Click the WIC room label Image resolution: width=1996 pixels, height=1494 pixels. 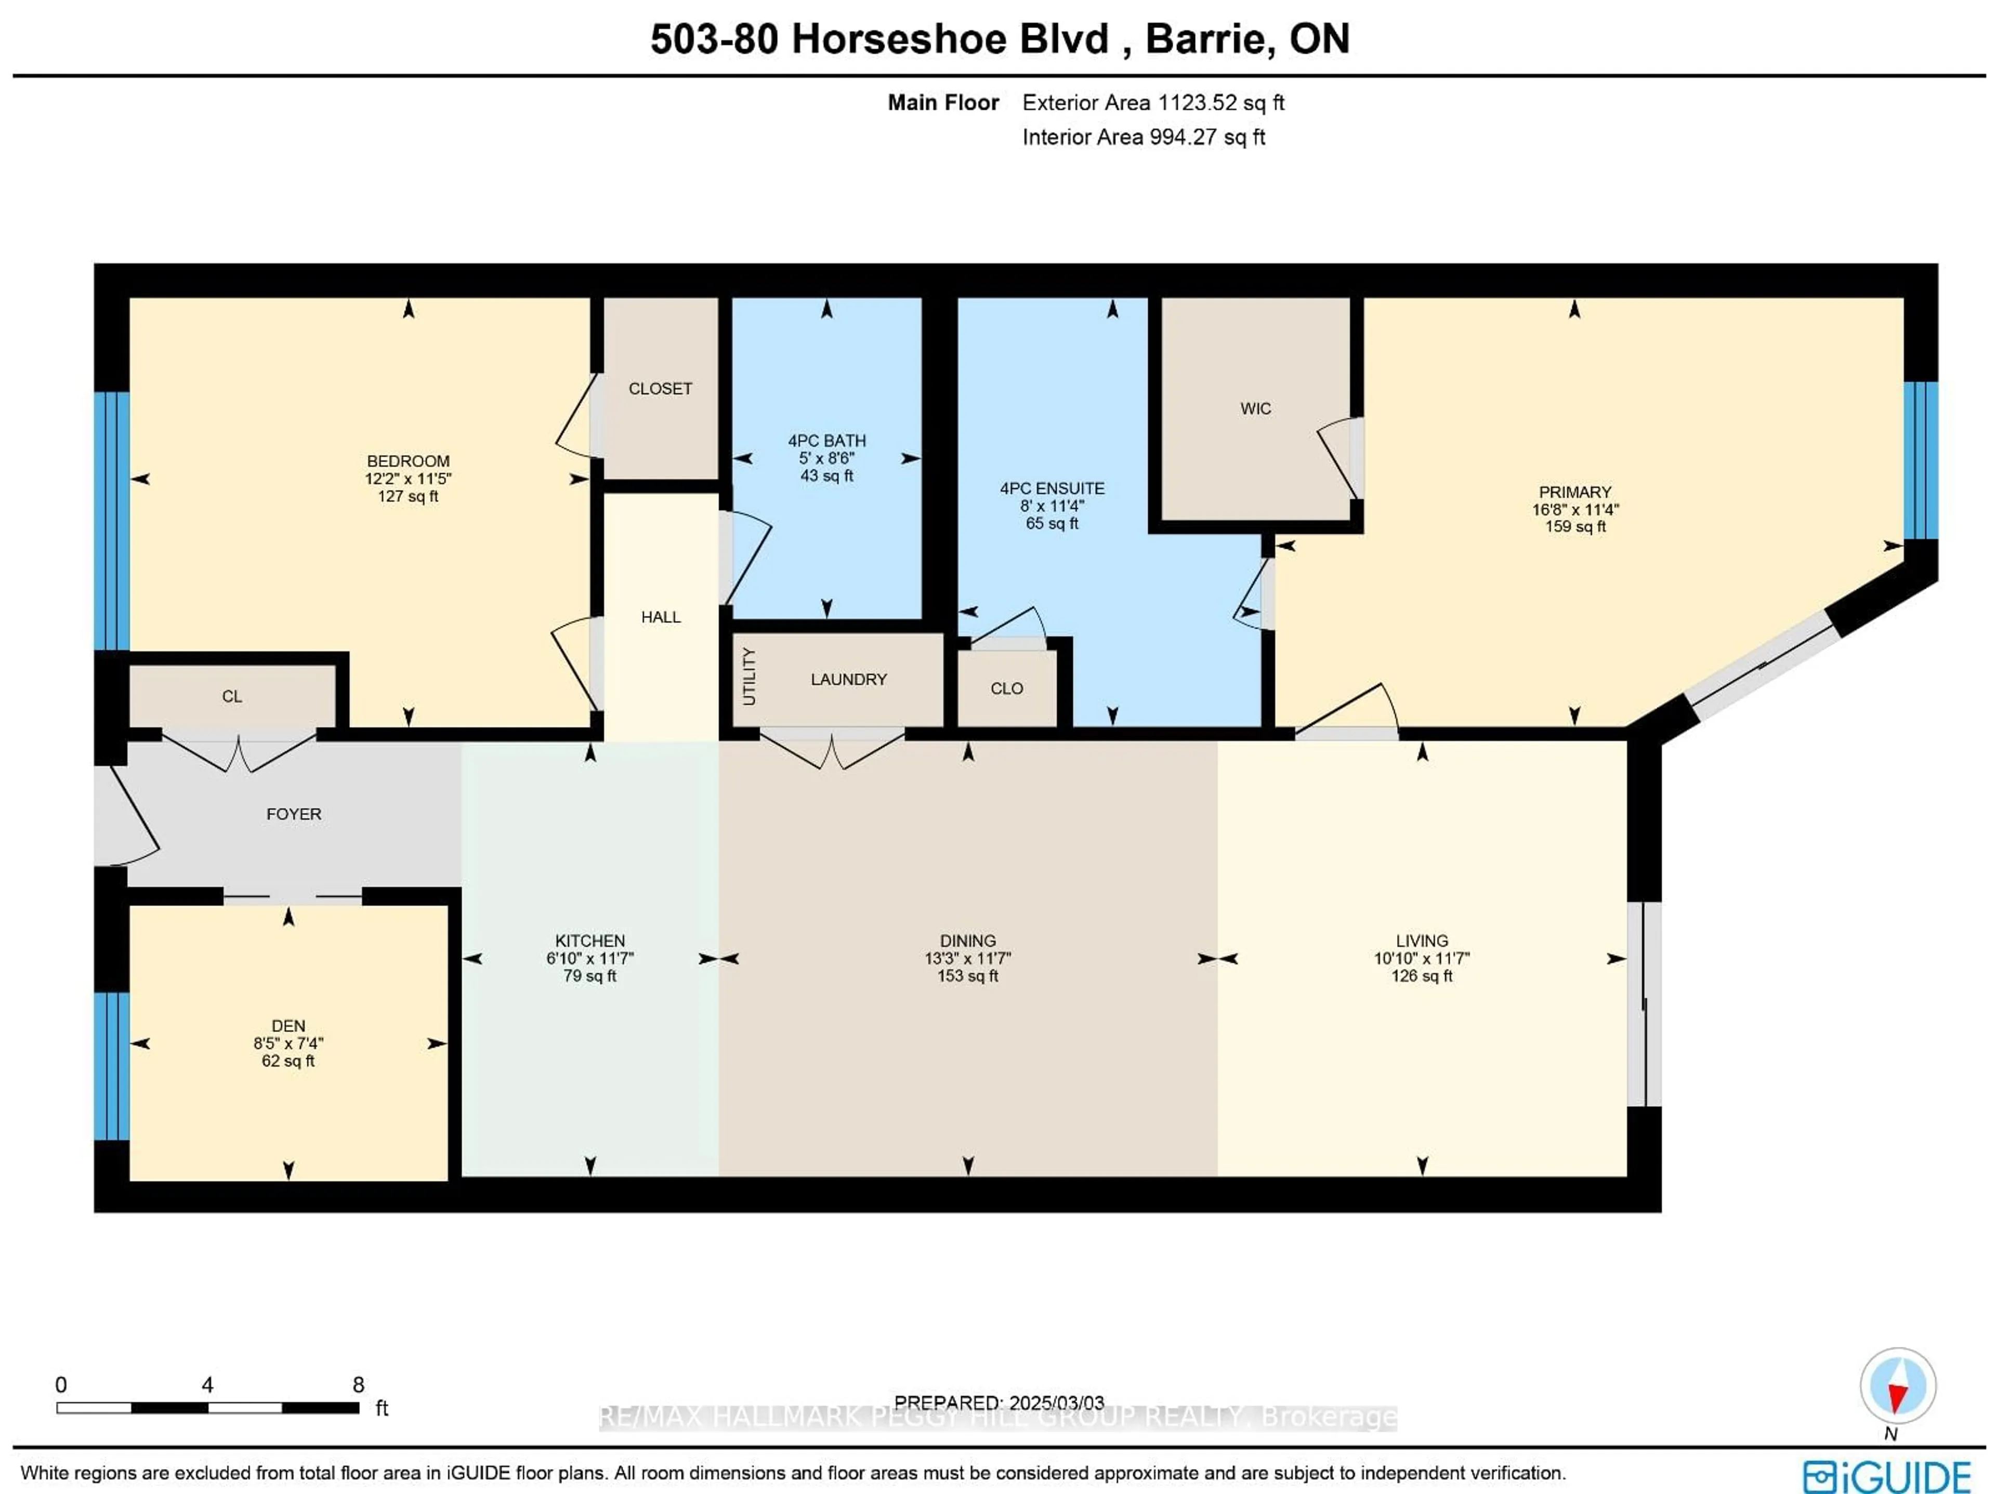(1255, 408)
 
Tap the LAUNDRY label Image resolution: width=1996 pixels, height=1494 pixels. (848, 679)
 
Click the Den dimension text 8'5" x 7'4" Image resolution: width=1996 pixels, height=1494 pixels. (288, 1043)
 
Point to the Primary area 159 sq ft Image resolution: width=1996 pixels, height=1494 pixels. (1574, 526)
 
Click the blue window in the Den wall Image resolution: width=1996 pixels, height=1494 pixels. (112, 1066)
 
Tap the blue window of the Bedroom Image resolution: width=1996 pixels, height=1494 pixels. (112, 521)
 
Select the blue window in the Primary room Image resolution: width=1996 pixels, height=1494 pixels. (1920, 460)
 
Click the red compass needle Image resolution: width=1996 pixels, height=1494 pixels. (1898, 1397)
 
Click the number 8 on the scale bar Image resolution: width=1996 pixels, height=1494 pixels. (358, 1385)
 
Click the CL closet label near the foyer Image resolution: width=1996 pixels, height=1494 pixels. (232, 696)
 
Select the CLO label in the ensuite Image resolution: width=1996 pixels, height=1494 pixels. (1006, 689)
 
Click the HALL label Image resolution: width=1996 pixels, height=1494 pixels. (661, 617)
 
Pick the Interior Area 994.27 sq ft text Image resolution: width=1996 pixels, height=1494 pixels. (1143, 137)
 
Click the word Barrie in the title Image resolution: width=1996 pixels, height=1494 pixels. (1208, 39)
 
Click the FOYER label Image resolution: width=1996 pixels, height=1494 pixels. (293, 814)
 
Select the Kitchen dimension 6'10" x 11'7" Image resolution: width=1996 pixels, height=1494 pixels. (589, 958)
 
